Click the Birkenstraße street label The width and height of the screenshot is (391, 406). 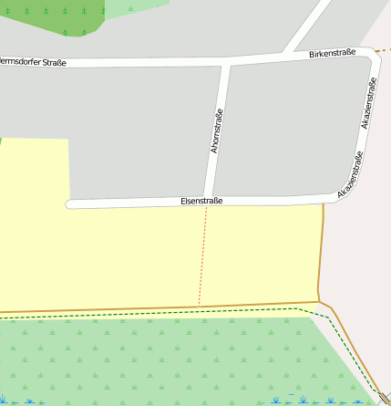tap(332, 54)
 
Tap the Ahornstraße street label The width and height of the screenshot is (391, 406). tap(216, 130)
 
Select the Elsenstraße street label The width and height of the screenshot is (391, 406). tap(202, 201)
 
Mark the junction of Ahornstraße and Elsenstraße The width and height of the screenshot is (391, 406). tap(209, 201)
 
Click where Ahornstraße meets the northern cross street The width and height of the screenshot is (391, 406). tap(225, 62)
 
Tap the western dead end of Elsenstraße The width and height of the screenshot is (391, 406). tap(69, 204)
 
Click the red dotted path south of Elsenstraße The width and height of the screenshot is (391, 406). tap(203, 255)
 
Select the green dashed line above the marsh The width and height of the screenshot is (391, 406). tap(182, 313)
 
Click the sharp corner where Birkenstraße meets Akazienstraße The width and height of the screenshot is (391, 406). tap(375, 54)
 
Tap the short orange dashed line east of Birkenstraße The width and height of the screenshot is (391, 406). tap(385, 48)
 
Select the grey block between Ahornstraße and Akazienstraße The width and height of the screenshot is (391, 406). tap(283, 128)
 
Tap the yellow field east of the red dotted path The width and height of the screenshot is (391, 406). tap(260, 255)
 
